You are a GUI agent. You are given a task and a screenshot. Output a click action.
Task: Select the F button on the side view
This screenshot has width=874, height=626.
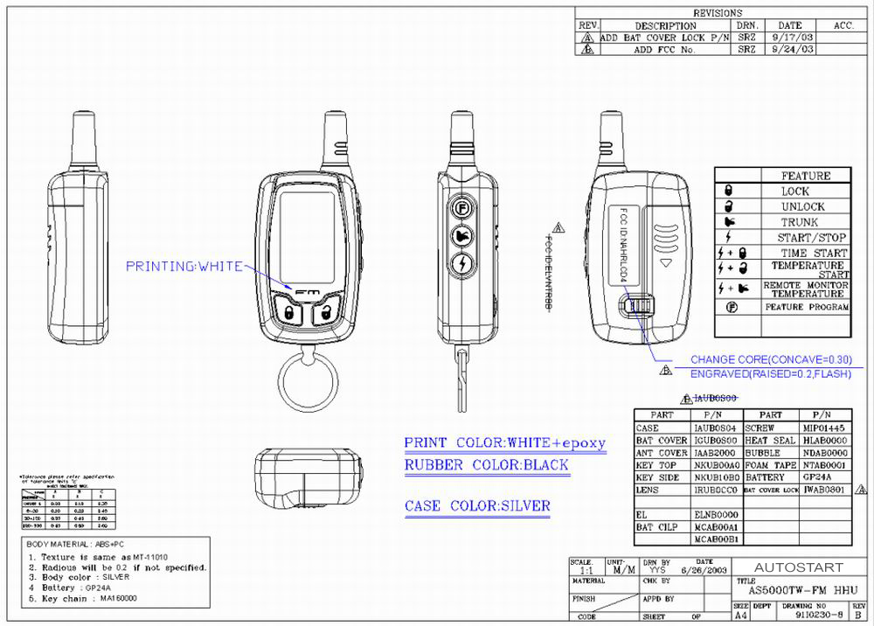pyautogui.click(x=461, y=209)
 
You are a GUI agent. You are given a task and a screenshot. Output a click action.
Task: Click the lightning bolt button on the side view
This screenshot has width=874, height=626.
pyautogui.click(x=461, y=263)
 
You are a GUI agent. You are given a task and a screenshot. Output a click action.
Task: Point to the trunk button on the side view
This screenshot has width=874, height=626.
pyautogui.click(x=461, y=236)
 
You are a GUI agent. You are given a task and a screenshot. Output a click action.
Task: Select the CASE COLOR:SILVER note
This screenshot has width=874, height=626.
pyautogui.click(x=477, y=506)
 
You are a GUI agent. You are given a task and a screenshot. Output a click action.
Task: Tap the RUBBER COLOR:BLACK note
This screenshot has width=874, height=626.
pyautogui.click(x=486, y=465)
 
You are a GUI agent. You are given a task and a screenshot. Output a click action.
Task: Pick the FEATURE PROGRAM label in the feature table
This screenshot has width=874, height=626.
pyautogui.click(x=806, y=308)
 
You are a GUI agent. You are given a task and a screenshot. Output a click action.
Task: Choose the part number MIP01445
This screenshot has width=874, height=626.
pyautogui.click(x=822, y=428)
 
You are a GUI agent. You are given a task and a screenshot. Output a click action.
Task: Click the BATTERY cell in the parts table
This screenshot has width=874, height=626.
pyautogui.click(x=766, y=478)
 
